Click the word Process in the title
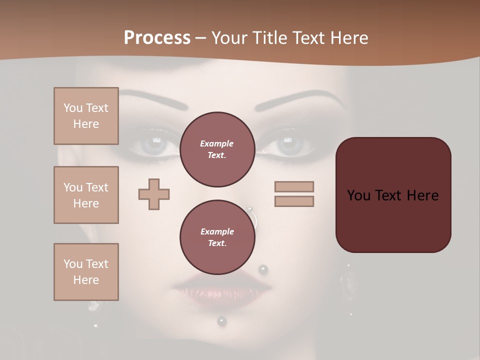[x=157, y=38]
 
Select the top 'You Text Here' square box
[x=86, y=116]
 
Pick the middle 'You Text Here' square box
[x=86, y=195]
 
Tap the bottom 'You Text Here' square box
[x=86, y=271]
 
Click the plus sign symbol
[x=154, y=193]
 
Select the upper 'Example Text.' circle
[x=217, y=149]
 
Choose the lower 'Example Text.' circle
[x=217, y=237]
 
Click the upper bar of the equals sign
[x=294, y=186]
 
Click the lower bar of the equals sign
[x=294, y=201]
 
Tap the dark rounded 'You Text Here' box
[x=393, y=194]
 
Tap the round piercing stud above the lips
[x=263, y=270]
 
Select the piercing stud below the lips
[x=221, y=321]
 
